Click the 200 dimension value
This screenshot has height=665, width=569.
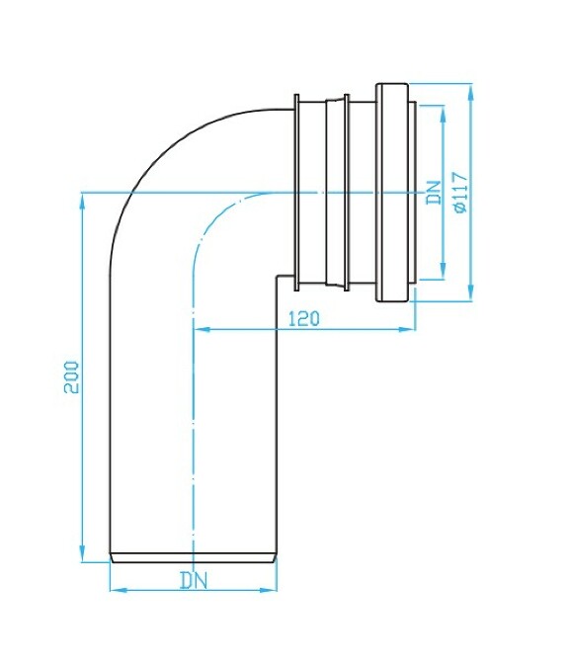[x=71, y=376]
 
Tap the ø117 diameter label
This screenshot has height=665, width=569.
[x=459, y=192]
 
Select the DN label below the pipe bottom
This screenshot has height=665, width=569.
[x=194, y=580]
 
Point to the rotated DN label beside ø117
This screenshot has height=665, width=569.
[x=433, y=192]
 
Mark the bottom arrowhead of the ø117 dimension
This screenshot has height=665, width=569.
[x=472, y=294]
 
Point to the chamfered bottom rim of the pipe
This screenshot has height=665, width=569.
[x=192, y=557]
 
